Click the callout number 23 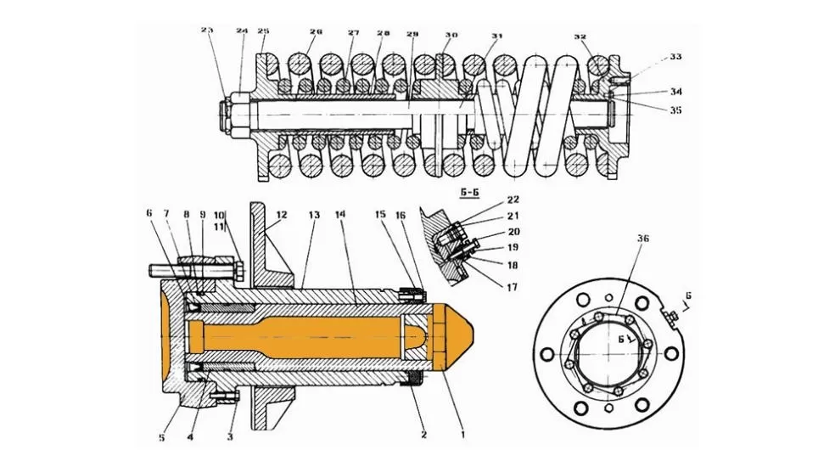click(x=207, y=30)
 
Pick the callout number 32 click(x=580, y=37)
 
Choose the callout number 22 click(x=513, y=200)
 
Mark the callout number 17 click(x=513, y=288)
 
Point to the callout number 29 click(x=412, y=34)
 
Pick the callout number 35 click(x=675, y=110)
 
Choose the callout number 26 click(x=316, y=33)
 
